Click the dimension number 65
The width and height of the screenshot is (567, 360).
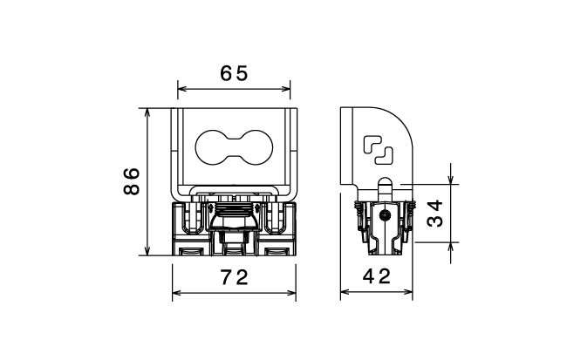pos(234,73)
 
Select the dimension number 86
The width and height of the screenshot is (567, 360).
pos(132,181)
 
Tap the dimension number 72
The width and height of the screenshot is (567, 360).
pos(235,277)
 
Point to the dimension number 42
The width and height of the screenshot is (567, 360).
pos(377,276)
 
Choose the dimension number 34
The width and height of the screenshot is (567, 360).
pos(435,214)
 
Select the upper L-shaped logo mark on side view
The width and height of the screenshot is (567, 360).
pos(372,144)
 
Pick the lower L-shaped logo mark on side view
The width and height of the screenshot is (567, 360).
pos(384,156)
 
